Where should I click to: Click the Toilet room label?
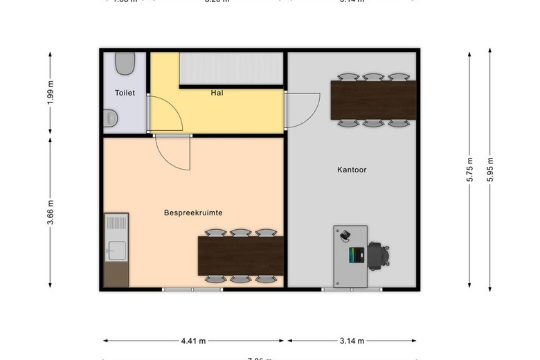125,93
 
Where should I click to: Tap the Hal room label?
217,92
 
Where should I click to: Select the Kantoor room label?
352,170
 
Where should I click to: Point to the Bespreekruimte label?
193,213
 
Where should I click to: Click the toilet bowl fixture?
125,64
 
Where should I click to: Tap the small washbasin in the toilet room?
110,118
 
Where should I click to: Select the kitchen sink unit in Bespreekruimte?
116,237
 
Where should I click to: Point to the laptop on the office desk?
356,255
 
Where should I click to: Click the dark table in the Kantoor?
374,100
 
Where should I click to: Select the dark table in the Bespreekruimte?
241,256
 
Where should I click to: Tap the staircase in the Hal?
231,69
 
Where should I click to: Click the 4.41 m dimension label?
193,341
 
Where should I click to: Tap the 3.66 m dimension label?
51,212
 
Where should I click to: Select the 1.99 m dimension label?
51,93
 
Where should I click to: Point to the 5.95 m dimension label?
490,169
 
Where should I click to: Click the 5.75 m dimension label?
470,169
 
